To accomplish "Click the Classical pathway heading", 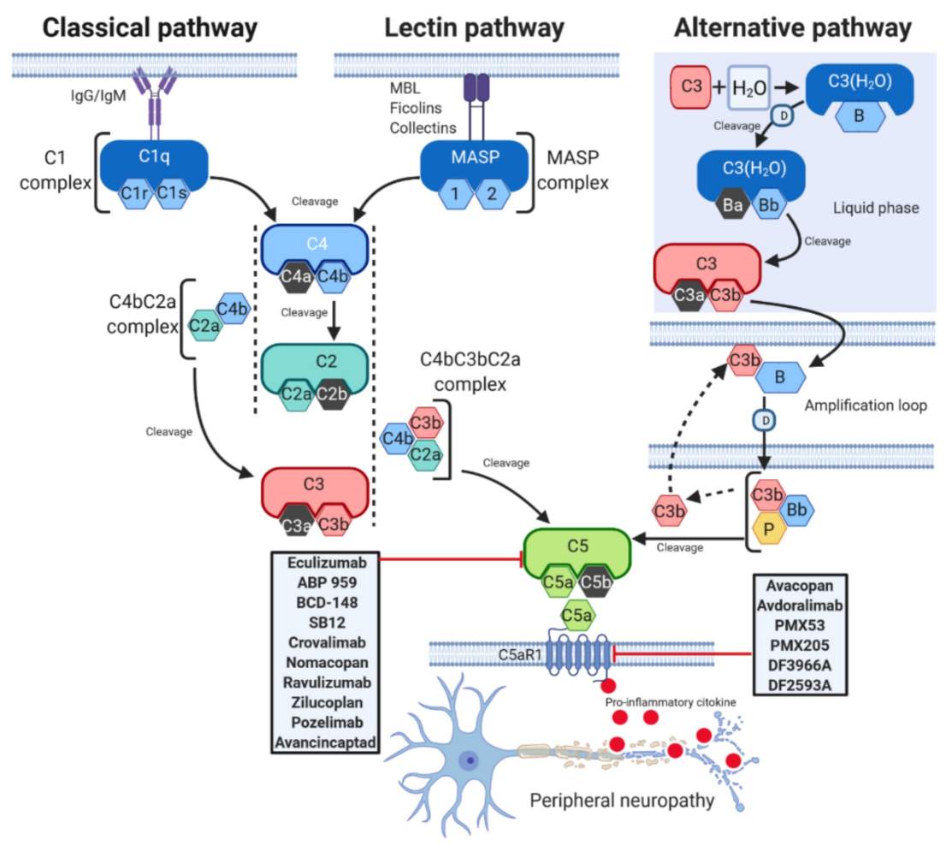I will [x=150, y=27].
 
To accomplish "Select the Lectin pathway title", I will [x=474, y=27].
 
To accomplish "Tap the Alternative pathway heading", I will [x=792, y=27].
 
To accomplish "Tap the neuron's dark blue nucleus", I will [x=469, y=760].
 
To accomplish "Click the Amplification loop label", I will [x=866, y=405].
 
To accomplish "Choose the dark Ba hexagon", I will [x=733, y=206].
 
